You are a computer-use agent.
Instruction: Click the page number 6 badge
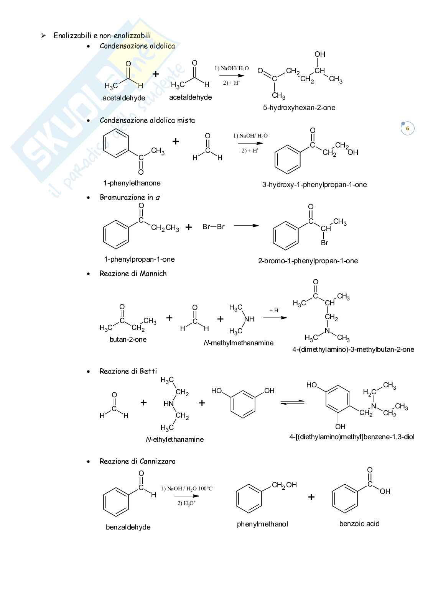pos(407,128)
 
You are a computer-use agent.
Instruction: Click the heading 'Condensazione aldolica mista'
pos(147,120)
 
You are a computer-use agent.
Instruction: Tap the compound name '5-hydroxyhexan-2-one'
pos(299,108)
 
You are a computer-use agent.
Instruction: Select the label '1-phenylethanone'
pos(132,183)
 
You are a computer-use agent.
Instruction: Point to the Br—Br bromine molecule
pos(213,227)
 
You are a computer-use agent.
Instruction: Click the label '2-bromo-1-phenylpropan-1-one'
pos(308,261)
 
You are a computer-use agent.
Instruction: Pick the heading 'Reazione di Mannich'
pos(133,274)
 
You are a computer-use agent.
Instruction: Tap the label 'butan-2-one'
pos(128,339)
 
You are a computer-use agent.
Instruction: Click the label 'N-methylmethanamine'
pos(239,343)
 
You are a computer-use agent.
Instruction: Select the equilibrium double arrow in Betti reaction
pos(292,402)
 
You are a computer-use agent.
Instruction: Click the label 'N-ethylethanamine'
pos(175,439)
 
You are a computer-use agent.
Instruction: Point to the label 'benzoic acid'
pos(359,524)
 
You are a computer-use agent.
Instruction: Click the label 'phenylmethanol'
pos(262,524)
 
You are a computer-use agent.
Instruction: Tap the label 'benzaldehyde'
pos(128,527)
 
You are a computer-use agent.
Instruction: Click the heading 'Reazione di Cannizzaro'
pos(137,461)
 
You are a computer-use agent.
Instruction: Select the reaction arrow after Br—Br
pos(246,226)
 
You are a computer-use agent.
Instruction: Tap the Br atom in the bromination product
pos(324,243)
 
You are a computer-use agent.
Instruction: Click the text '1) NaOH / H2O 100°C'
pos(186,489)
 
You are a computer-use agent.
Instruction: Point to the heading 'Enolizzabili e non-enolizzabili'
pos(102,36)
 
